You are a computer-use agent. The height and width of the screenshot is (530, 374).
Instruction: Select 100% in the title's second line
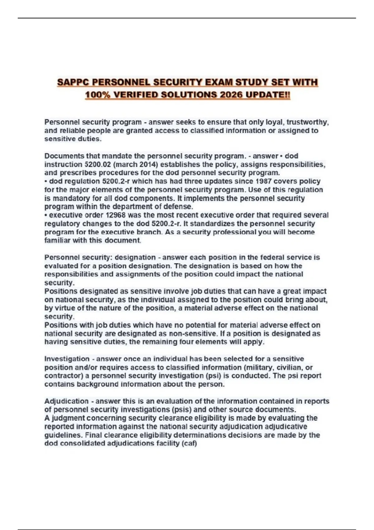tap(96, 94)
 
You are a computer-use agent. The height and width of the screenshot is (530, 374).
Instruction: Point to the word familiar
tap(57, 240)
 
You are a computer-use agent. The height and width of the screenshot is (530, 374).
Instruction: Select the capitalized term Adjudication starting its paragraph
tap(66, 401)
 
